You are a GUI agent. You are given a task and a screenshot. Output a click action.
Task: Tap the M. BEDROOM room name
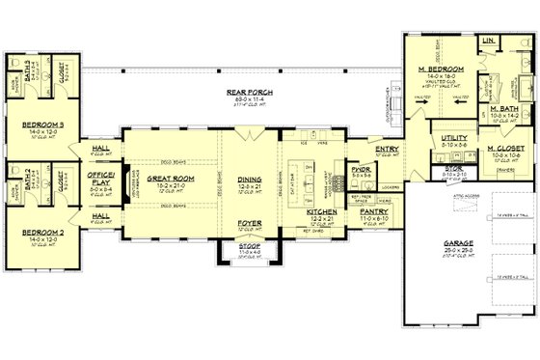click(x=436, y=70)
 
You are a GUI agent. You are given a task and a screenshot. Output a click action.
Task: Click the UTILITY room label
click(x=455, y=139)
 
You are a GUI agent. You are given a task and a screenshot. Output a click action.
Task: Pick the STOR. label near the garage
click(x=453, y=168)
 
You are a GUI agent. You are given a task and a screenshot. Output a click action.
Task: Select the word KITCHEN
click(x=321, y=209)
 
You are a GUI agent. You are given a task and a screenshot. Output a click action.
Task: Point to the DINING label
click(x=250, y=179)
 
